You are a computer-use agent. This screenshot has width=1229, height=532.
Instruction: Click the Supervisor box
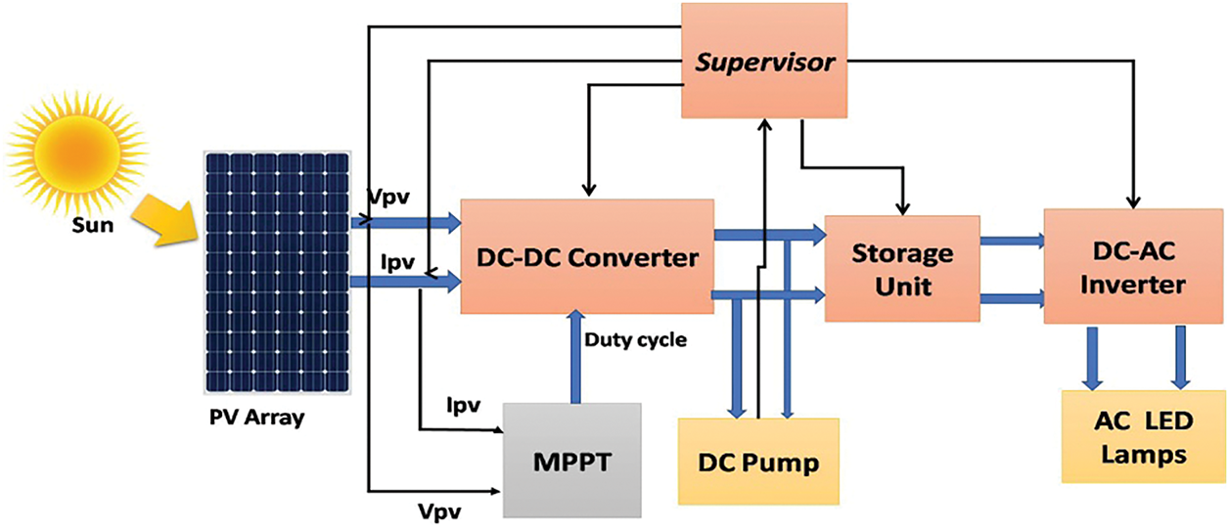click(764, 61)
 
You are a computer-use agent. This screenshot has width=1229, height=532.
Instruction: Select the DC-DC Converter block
click(587, 256)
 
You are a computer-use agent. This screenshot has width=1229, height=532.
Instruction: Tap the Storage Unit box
click(902, 269)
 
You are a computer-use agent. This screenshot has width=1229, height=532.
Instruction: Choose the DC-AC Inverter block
click(1133, 266)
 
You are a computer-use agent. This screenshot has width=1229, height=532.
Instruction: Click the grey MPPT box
click(572, 461)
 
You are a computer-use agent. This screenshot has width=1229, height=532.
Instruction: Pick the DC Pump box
click(758, 462)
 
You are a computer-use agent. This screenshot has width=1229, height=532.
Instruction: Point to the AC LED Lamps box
click(1144, 436)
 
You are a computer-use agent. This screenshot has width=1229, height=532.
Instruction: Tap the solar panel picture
click(278, 273)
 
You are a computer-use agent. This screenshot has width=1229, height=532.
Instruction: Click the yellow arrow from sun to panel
click(164, 222)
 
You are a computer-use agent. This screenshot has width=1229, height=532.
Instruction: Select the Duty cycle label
click(635, 340)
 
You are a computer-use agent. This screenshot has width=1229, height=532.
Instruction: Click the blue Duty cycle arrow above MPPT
click(575, 357)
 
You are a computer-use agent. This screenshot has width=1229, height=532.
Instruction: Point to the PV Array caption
click(256, 418)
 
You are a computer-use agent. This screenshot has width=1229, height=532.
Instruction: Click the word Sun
click(93, 225)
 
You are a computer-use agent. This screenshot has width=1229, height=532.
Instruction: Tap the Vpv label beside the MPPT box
click(439, 512)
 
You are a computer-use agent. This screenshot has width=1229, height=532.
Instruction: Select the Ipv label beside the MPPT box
click(464, 406)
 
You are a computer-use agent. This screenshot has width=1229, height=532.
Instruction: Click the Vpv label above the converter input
click(389, 197)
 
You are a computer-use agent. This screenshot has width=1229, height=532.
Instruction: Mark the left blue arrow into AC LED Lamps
click(1092, 359)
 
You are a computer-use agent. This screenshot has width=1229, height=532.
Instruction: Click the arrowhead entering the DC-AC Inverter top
click(1133, 203)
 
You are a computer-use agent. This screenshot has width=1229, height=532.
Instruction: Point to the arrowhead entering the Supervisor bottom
click(765, 124)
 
